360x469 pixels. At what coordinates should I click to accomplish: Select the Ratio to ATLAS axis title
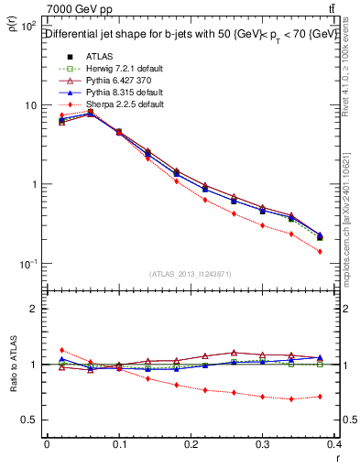(11, 365)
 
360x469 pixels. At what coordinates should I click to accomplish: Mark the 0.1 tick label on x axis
(118, 444)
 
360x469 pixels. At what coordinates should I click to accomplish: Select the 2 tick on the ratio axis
(34, 309)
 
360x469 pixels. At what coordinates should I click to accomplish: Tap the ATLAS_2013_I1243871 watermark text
(191, 274)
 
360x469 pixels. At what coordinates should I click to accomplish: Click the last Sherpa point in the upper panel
(320, 251)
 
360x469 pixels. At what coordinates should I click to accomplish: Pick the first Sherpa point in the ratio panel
(61, 350)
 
